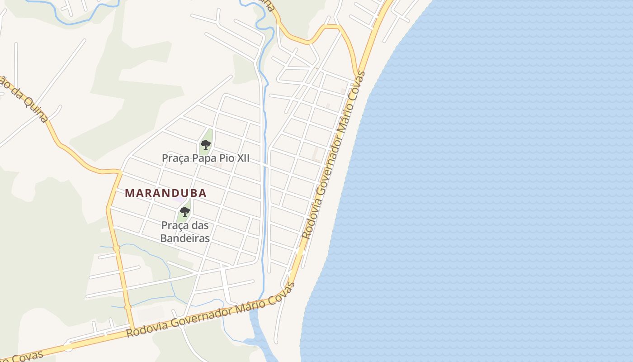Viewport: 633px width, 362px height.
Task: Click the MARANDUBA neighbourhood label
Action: (165, 193)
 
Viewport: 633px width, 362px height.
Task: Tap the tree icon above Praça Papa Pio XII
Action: (206, 145)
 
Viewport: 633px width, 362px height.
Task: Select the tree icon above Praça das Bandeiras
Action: (184, 211)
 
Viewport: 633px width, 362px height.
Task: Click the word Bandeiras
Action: (185, 238)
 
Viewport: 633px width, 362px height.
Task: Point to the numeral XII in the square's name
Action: (240, 158)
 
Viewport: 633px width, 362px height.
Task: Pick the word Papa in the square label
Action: (203, 158)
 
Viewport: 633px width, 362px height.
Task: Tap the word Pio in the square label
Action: (223, 158)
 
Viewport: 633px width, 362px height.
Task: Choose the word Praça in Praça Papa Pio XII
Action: (175, 158)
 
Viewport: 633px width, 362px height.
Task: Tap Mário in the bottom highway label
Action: (250, 303)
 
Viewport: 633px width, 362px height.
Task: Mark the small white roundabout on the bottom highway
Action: (68, 347)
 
